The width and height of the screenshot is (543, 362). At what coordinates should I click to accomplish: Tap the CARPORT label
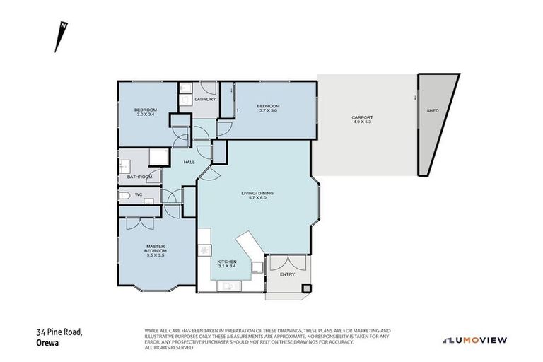(362, 117)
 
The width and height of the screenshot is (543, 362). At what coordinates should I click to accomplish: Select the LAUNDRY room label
(204, 100)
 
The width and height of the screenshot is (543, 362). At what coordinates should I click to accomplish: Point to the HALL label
(189, 163)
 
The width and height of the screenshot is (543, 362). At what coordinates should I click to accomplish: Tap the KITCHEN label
(227, 262)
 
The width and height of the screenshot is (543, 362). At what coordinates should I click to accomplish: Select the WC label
(139, 194)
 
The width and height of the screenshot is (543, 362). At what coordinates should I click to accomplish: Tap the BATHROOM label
(139, 177)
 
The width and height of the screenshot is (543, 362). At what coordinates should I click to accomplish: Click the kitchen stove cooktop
(205, 250)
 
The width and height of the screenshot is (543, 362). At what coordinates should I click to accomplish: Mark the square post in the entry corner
(305, 288)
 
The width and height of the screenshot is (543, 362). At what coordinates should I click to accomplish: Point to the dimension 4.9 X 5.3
(362, 122)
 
